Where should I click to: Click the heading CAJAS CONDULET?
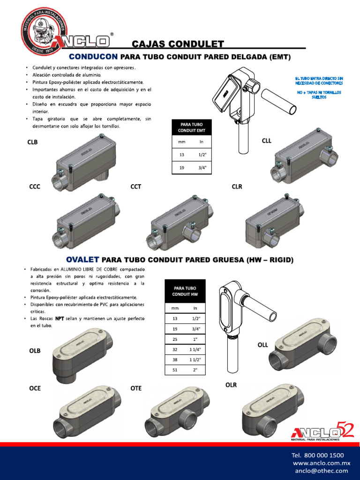coord(178,44)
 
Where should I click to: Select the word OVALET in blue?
coord(82,259)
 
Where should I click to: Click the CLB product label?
coord(33,142)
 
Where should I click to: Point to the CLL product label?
coord(266,141)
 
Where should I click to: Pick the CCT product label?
coord(136,187)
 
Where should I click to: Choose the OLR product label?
coord(231,385)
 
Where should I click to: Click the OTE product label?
coord(136,388)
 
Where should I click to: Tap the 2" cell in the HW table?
coord(195,370)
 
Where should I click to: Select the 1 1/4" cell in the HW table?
coord(195,349)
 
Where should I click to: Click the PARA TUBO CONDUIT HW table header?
coord(185,291)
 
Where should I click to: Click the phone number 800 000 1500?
coord(317,455)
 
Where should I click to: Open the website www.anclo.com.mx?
coord(322,463)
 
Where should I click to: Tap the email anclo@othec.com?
coord(322,471)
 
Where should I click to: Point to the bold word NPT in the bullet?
coord(60,319)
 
